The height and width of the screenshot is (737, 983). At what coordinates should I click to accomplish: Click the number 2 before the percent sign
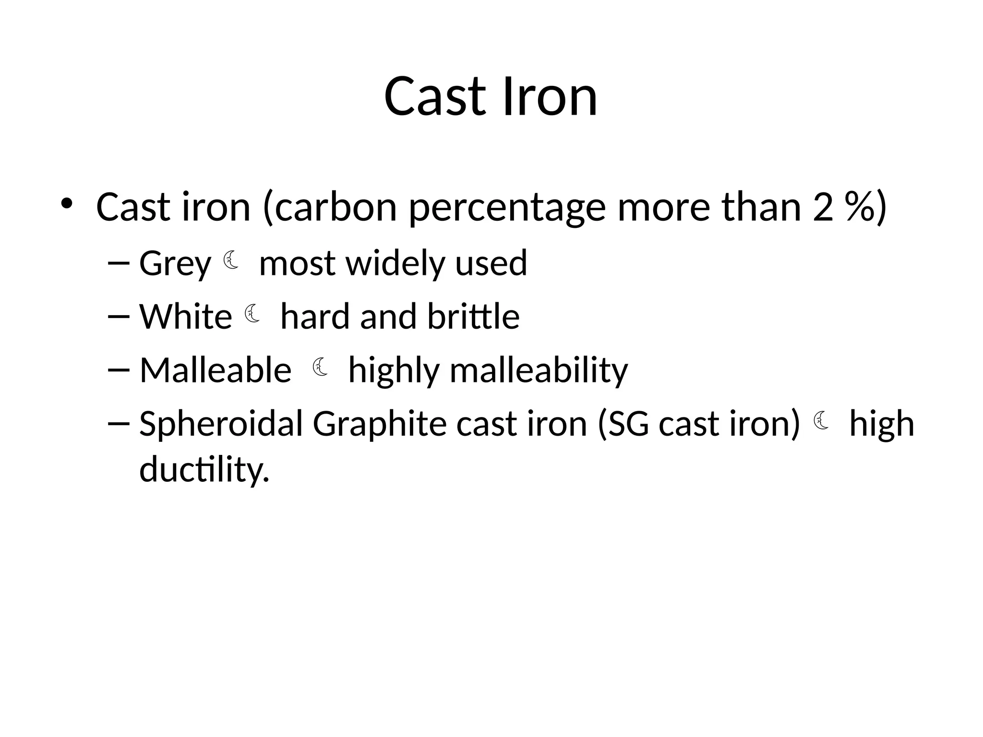pyautogui.click(x=823, y=207)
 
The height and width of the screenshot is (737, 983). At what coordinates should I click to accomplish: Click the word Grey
pyautogui.click(x=175, y=264)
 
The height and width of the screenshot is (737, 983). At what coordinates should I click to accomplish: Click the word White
pyautogui.click(x=186, y=317)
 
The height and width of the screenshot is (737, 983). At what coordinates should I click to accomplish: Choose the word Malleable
pyautogui.click(x=216, y=370)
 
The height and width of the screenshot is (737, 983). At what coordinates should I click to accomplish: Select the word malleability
pyautogui.click(x=539, y=370)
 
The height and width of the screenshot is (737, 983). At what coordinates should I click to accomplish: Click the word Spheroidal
pyautogui.click(x=221, y=424)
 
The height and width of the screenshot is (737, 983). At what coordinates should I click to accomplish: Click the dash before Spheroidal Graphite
pyautogui.click(x=119, y=423)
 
